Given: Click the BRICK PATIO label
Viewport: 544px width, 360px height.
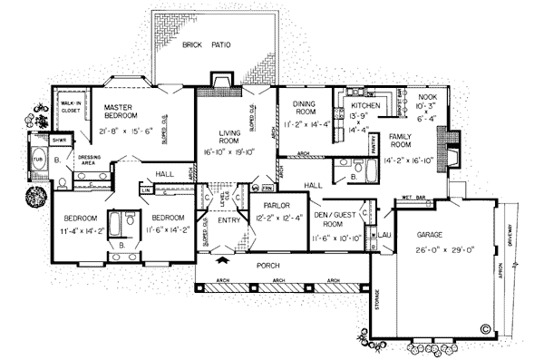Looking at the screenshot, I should pyautogui.click(x=205, y=44).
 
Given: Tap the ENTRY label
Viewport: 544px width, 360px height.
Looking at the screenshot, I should pyautogui.click(x=228, y=219).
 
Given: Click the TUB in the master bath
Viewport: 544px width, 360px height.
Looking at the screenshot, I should pyautogui.click(x=38, y=153).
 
